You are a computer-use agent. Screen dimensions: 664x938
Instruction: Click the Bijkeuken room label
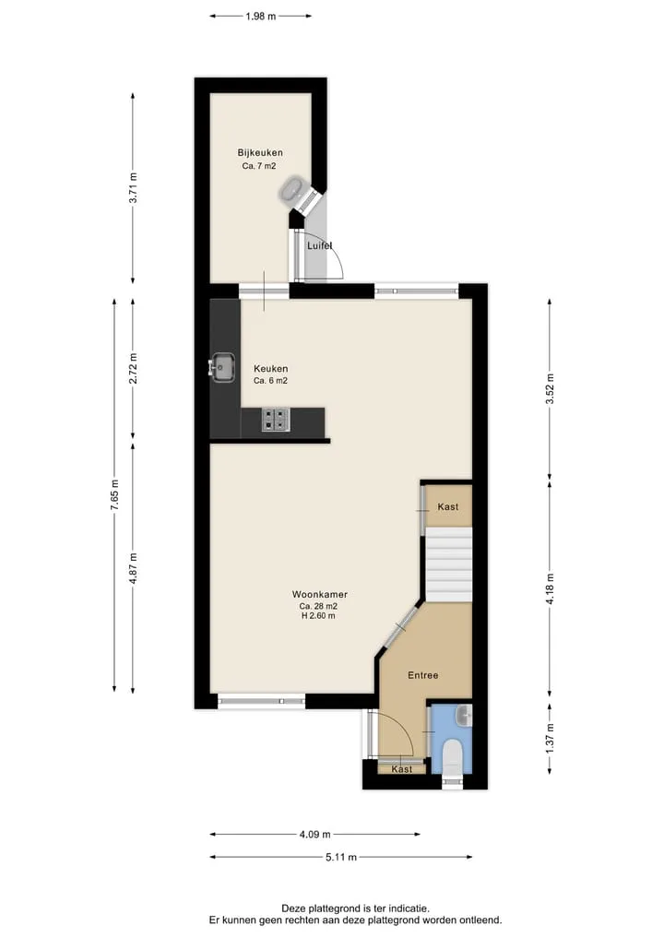point(260,152)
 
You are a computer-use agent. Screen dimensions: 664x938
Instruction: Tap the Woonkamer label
point(319,594)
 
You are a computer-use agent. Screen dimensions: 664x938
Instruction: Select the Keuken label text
point(270,369)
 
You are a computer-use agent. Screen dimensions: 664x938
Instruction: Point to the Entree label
point(423,675)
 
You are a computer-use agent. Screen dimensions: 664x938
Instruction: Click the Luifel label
point(319,245)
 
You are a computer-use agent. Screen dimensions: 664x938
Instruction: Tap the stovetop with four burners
point(276,420)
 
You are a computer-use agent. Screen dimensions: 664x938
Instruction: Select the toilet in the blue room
point(452,756)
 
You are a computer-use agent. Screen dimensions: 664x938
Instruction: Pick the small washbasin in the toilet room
point(464,716)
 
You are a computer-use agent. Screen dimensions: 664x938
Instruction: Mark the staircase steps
point(448,564)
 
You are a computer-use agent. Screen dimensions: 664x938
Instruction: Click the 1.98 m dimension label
point(261,17)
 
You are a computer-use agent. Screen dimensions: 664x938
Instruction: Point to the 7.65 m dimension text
point(114,494)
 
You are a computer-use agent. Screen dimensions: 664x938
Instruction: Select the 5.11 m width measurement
point(341,857)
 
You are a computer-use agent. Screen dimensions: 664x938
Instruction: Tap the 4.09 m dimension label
point(315,834)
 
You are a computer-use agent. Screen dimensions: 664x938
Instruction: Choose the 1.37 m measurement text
point(550,738)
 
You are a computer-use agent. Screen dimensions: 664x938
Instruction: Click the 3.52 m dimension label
point(550,389)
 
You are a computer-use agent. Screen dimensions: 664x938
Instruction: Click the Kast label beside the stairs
point(448,506)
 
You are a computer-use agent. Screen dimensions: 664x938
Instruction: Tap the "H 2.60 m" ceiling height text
point(318,615)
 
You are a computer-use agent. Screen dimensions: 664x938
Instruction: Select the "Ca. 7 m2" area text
point(259,166)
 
